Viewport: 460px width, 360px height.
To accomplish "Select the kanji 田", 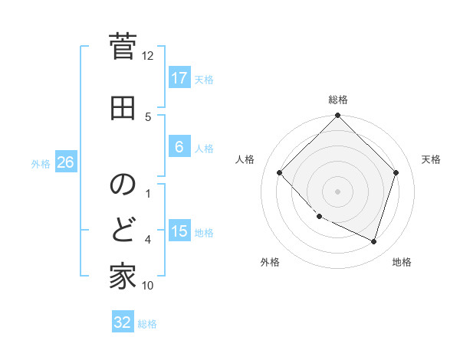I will pyautogui.click(x=123, y=109).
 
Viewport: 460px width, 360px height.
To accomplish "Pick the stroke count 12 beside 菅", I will pyautogui.click(x=147, y=56).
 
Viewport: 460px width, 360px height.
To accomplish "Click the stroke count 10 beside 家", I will pyautogui.click(x=148, y=286).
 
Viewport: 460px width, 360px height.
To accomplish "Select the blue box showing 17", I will pyautogui.click(x=179, y=78).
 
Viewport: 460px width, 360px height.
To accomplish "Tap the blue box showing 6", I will pyautogui.click(x=179, y=147).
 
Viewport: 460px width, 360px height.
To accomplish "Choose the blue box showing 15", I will pyautogui.click(x=179, y=231).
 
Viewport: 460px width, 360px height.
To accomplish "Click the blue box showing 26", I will pyautogui.click(x=65, y=162).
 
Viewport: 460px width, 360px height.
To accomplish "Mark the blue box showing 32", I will pyautogui.click(x=123, y=322).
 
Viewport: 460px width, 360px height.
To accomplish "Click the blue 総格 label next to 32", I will pyautogui.click(x=147, y=324).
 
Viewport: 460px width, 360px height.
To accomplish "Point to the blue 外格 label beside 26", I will pyautogui.click(x=40, y=163).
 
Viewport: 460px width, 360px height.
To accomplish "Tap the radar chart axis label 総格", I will pyautogui.click(x=337, y=100).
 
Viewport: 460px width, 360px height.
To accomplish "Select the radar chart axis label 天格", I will pyautogui.click(x=431, y=159).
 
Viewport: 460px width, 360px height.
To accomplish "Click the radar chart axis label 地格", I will pyautogui.click(x=402, y=262).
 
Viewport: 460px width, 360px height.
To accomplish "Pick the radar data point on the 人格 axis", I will pyautogui.click(x=280, y=172).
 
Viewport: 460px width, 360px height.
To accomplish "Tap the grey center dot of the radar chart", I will pyautogui.click(x=337, y=191).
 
